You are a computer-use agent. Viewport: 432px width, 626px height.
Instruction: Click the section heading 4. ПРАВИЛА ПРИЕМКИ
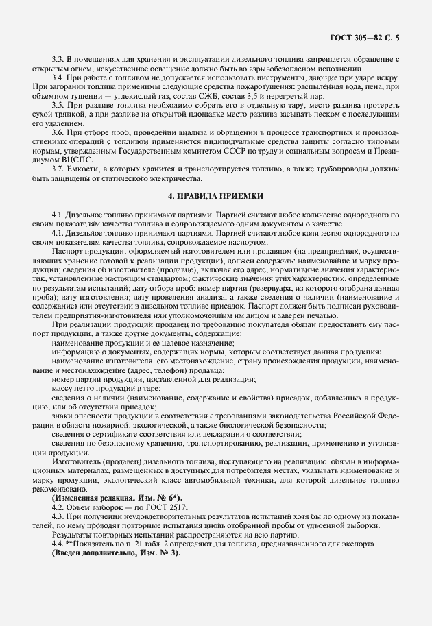216,197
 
